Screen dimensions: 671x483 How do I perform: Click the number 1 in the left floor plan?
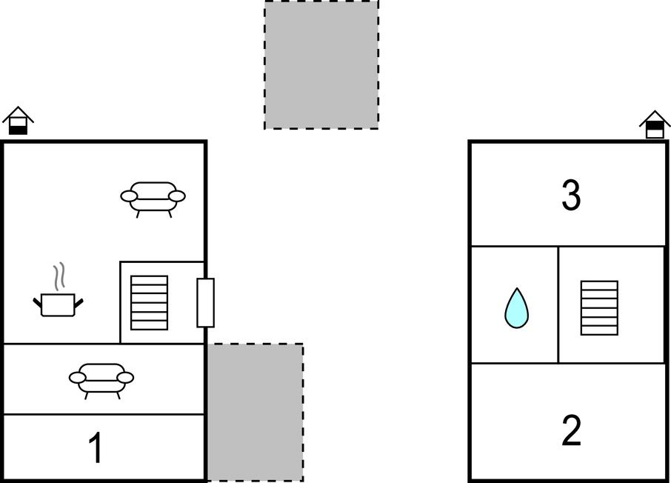[x=96, y=447]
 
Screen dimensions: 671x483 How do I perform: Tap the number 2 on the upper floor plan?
[x=571, y=430]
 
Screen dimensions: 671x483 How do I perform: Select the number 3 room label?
[x=571, y=195]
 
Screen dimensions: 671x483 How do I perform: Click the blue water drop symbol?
[x=516, y=308]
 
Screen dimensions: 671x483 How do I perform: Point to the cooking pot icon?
[x=59, y=304]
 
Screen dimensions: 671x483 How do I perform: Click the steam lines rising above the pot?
[x=59, y=276]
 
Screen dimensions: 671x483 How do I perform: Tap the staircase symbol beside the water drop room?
[x=599, y=308]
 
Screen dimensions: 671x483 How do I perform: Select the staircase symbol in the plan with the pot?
[x=149, y=303]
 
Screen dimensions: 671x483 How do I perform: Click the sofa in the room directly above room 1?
[x=101, y=381]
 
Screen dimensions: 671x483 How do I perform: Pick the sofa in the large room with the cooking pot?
[x=153, y=199]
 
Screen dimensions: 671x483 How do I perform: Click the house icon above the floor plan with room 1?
[x=18, y=120]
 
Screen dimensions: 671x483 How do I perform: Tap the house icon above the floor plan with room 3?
[x=655, y=124]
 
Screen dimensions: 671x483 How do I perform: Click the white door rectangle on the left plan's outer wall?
[x=205, y=303]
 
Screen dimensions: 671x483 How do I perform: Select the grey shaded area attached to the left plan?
[x=256, y=413]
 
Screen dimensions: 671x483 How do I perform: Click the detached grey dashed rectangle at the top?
[x=321, y=64]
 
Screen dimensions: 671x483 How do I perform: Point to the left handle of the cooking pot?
[x=38, y=302]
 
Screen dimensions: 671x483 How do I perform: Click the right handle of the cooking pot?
[x=79, y=302]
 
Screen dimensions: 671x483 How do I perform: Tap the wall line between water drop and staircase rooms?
[x=558, y=305]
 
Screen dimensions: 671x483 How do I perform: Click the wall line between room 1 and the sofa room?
[x=104, y=415]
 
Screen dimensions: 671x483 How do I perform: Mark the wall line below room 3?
[x=568, y=246]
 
